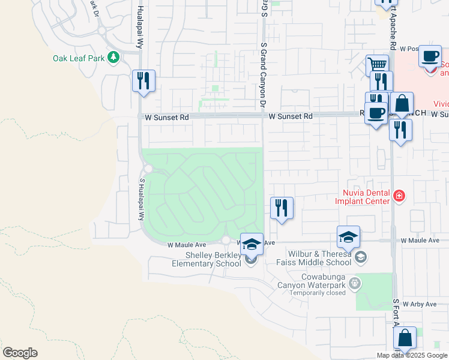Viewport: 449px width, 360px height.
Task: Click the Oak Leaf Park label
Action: point(79,58)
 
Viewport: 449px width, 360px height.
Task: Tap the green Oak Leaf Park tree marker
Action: point(113,58)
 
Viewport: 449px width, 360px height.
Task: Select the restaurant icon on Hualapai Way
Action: point(143,80)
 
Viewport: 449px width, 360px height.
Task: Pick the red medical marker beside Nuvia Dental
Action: point(398,196)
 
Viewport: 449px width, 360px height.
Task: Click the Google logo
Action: point(20,353)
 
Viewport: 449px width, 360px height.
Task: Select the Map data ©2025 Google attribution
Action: point(412,355)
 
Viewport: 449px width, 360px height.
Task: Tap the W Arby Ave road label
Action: point(420,304)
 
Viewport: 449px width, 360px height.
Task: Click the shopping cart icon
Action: point(377,65)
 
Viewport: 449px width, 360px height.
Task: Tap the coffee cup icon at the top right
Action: point(429,56)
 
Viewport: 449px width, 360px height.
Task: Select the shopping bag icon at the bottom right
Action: point(405,338)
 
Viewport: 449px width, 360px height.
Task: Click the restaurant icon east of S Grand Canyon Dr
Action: point(282,208)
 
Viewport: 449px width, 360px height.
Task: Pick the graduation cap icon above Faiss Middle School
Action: point(348,238)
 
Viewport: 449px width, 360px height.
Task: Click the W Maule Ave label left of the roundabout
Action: point(187,245)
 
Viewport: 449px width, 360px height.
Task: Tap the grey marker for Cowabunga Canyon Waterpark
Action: point(355,282)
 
